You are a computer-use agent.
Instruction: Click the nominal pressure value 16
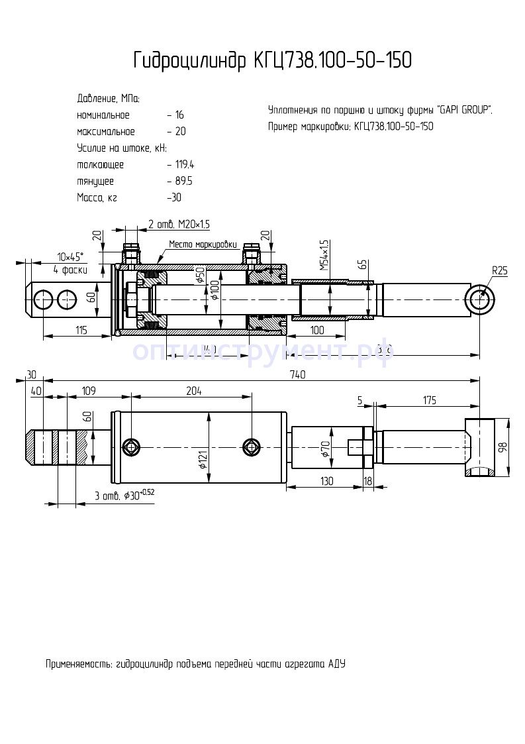pos(179,115)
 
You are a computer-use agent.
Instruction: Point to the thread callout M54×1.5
pos(324,256)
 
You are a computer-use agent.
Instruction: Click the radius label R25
pos(500,270)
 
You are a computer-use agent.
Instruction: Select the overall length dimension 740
pos(298,375)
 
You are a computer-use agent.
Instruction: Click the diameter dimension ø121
pos(204,457)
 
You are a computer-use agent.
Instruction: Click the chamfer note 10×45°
pos(70,256)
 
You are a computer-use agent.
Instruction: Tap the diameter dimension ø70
pos(325,448)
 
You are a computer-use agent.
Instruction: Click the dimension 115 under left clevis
pos(81,330)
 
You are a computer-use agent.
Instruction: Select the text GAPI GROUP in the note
pos(464,110)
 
